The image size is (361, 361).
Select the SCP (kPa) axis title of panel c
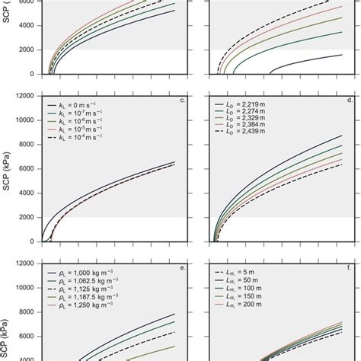[x=6, y=168]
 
